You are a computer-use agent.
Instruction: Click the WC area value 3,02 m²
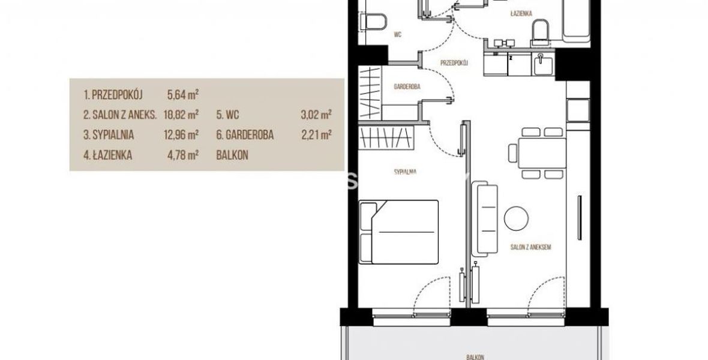pos(316,115)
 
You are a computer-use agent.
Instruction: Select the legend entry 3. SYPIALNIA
pos(109,134)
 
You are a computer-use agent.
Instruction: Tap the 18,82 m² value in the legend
pos(181,115)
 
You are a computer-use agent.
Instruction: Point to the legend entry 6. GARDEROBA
pos(245,134)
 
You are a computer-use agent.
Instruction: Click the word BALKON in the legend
pos(232,155)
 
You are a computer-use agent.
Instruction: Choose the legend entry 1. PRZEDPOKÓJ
pos(113,95)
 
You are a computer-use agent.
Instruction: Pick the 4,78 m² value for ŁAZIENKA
pos(183,155)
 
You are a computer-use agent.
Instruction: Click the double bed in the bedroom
pos(399,232)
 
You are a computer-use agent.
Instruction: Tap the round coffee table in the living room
pos(516,218)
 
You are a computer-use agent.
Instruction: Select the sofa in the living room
pos(484,218)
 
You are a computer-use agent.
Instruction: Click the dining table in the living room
pos(542,153)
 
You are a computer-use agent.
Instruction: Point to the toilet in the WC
pos(373,22)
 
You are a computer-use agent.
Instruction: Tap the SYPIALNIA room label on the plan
pos(405,172)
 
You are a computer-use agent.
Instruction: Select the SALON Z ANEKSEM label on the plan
pos(531,247)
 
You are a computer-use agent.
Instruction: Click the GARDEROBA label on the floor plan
pos(407,86)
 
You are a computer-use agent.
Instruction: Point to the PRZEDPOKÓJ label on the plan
pos(454,63)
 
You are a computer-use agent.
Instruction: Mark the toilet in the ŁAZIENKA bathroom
pos(541,33)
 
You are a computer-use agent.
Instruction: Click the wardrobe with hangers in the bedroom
pos(386,137)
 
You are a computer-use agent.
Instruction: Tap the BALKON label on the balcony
pos(475,357)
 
